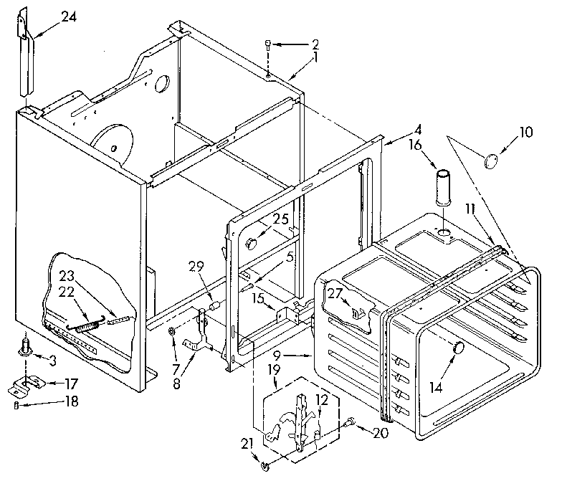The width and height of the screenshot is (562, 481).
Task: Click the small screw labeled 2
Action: point(267,46)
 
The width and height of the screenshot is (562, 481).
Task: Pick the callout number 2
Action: point(315,44)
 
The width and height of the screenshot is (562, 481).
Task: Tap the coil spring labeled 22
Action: point(87,326)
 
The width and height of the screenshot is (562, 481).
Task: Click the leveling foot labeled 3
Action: point(26,350)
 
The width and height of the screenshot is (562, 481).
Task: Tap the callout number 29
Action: point(196,267)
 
